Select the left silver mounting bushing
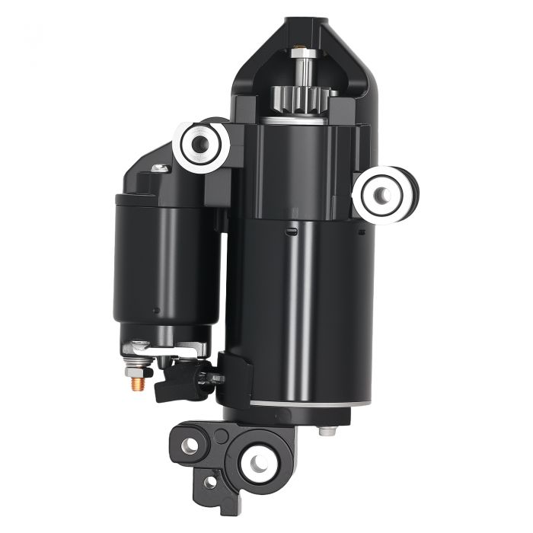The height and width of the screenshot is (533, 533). pos(202,142)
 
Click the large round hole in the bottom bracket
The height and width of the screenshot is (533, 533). pos(257,460)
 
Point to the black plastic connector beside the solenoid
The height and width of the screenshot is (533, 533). pos(183,378)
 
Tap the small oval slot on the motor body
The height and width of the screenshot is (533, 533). pos(290,228)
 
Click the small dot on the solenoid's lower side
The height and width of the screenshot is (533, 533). pos(155,310)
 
